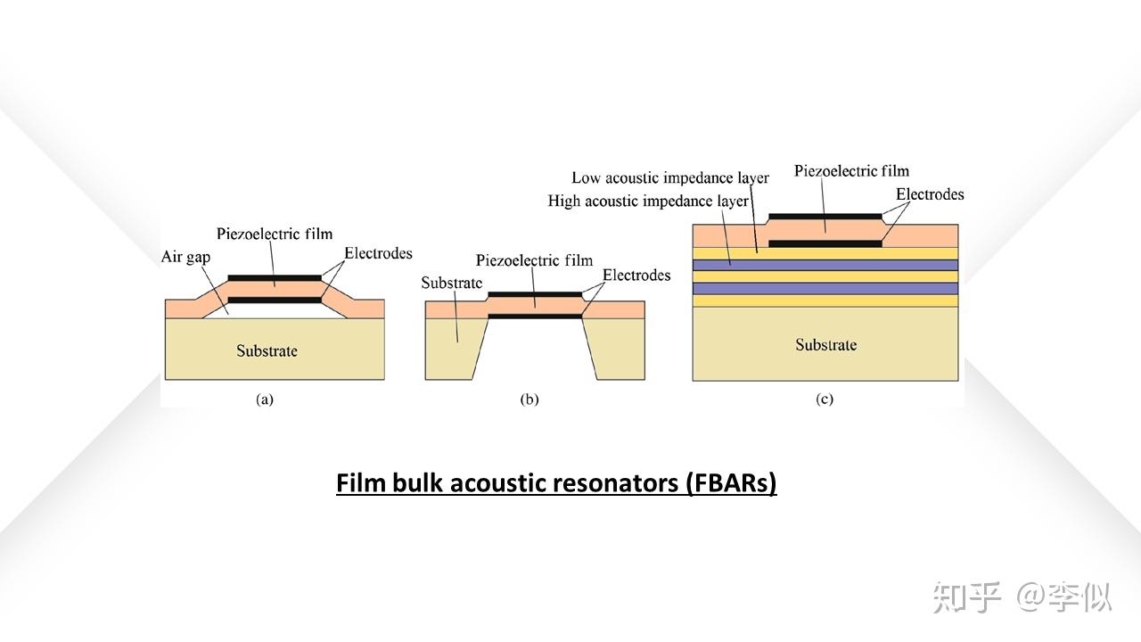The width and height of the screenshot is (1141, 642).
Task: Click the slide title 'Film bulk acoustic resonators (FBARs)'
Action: pos(556,483)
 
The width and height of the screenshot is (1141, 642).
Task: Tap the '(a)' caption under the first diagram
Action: pos(265,399)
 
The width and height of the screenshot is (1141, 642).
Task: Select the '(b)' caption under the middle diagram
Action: pos(529,399)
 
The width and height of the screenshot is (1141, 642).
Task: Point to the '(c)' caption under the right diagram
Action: pos(825,399)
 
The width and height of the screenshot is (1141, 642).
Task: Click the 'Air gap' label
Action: pos(185,257)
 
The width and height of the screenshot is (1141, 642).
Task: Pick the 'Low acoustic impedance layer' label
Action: pos(669,178)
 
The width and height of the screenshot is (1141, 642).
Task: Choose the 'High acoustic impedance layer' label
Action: pos(648,202)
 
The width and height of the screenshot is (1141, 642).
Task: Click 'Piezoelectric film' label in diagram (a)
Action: pos(275,234)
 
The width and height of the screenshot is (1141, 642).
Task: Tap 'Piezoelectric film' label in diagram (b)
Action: pos(534,260)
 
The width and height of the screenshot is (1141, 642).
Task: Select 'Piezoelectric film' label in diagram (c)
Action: pos(851,171)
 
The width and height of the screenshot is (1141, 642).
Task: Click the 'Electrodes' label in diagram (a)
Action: pos(379,253)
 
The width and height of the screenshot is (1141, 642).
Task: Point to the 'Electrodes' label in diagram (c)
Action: pos(930,194)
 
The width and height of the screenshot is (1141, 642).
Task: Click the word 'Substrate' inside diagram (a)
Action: pos(267,350)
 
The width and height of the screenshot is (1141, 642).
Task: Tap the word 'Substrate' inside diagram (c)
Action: pos(825,345)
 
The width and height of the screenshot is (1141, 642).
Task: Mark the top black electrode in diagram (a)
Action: pos(275,277)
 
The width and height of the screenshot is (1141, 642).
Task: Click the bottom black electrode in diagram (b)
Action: pos(535,316)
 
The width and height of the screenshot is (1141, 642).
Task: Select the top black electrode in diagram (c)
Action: pos(825,216)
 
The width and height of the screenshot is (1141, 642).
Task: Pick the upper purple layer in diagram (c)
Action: pos(825,265)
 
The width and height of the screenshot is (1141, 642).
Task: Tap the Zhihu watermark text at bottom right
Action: pos(1022,597)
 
